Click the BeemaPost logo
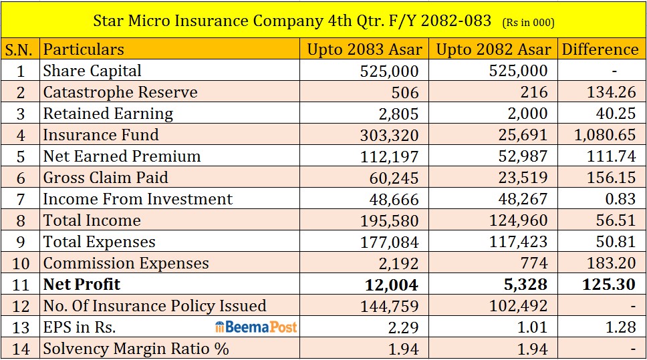[256, 327]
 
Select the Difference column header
[600, 49]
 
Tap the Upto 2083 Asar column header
[365, 49]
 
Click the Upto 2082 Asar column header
[493, 49]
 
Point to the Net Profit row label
[82, 284]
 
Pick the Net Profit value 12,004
[392, 285]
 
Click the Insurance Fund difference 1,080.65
[605, 135]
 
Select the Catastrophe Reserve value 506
[405, 92]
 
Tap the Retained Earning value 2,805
[398, 114]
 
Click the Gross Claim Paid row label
[106, 178]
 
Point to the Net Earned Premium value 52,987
[523, 156]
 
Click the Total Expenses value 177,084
[390, 242]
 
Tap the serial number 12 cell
[21, 306]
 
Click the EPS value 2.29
[404, 327]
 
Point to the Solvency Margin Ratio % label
[136, 349]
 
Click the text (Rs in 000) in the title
[529, 22]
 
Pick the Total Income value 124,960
[518, 220]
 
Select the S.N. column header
[19, 49]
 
